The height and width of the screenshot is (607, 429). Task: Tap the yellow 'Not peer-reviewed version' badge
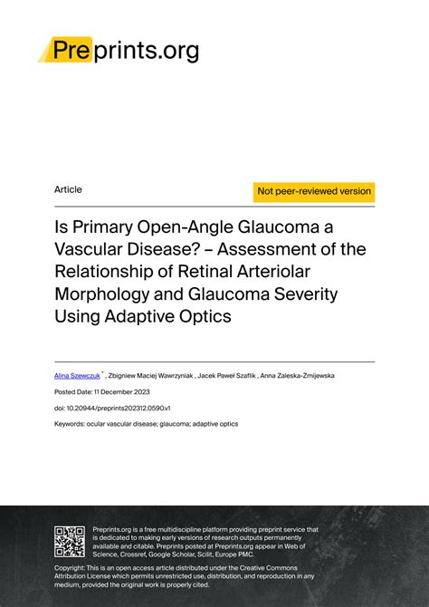[314, 191]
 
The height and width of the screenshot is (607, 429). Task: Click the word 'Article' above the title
[68, 190]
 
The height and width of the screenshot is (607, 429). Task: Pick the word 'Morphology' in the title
[110, 295]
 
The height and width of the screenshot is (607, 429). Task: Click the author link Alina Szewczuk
[77, 373]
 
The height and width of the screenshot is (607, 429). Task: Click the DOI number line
[112, 408]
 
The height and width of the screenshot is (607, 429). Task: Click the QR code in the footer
[71, 541]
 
